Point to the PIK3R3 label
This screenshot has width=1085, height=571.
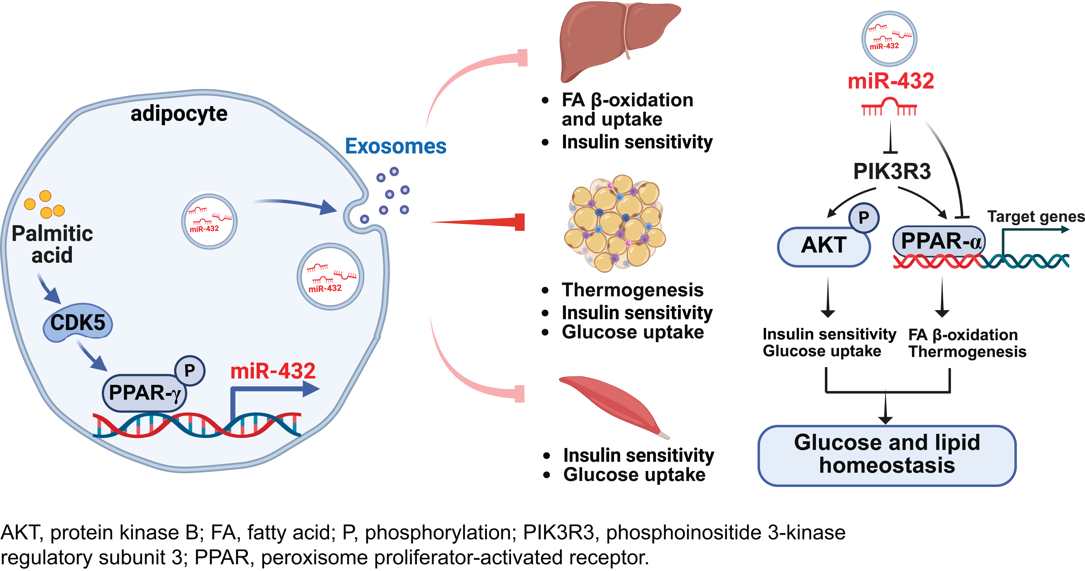[x=892, y=171]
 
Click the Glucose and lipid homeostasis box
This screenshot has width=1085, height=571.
[x=887, y=455]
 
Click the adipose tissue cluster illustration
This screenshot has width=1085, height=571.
[x=615, y=223]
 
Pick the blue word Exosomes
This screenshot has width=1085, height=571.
[x=395, y=146]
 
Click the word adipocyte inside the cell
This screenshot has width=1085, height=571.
[x=179, y=114]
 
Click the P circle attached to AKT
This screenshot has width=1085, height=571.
[x=863, y=218]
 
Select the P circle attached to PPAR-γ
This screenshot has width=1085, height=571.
[x=190, y=371]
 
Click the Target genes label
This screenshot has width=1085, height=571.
[x=1036, y=216]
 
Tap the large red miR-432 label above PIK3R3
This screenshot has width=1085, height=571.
[x=891, y=81]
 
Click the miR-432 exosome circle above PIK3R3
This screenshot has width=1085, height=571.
[x=889, y=39]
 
